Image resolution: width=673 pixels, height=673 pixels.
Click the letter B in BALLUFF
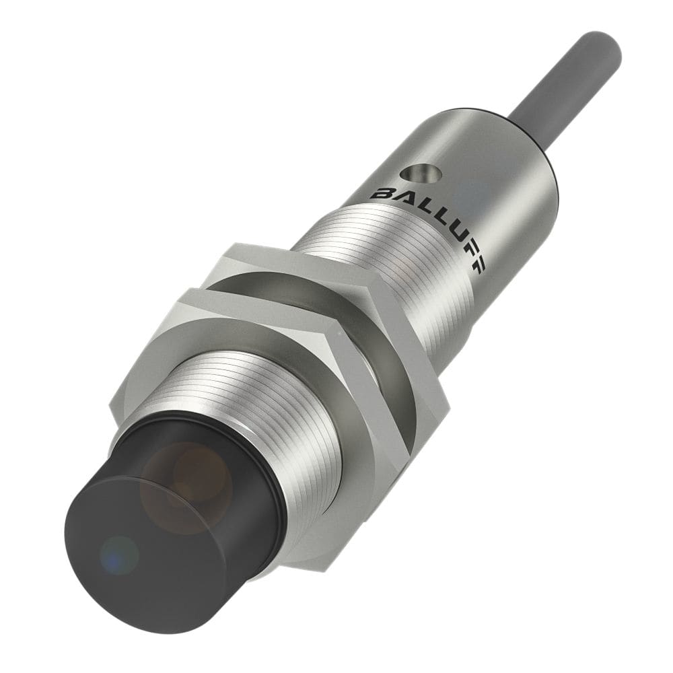tap(380, 194)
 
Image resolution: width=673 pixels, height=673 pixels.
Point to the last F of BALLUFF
tap(477, 265)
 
